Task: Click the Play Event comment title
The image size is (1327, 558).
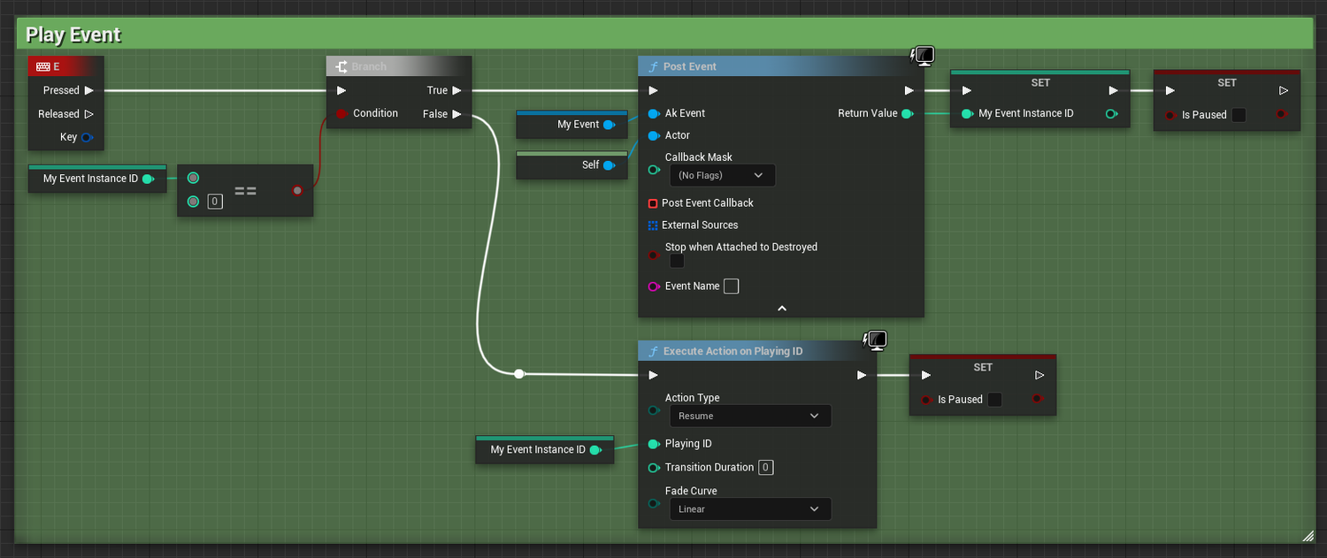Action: click(73, 35)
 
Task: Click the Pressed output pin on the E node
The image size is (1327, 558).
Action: click(89, 90)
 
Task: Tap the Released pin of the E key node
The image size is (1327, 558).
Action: click(88, 114)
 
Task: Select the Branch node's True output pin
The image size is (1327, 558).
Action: click(456, 90)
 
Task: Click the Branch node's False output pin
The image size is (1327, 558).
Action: click(456, 114)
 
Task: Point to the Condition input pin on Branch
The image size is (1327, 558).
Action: click(341, 113)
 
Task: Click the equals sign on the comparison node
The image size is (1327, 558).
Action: click(245, 190)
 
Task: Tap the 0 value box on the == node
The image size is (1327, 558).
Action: click(215, 202)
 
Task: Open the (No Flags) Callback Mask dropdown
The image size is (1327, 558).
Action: click(722, 176)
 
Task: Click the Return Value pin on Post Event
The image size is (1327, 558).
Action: click(907, 113)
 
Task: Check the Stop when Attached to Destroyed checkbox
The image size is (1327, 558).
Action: click(677, 262)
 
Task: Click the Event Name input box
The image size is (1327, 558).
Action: click(731, 287)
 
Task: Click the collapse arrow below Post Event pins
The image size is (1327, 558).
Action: click(781, 309)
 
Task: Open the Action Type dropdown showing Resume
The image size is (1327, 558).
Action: click(749, 416)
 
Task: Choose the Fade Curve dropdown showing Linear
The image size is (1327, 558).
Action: click(749, 509)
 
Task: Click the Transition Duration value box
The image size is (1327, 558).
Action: click(766, 468)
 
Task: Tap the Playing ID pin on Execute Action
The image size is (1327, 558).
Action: click(654, 444)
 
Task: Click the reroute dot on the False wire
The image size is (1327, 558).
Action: click(519, 374)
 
